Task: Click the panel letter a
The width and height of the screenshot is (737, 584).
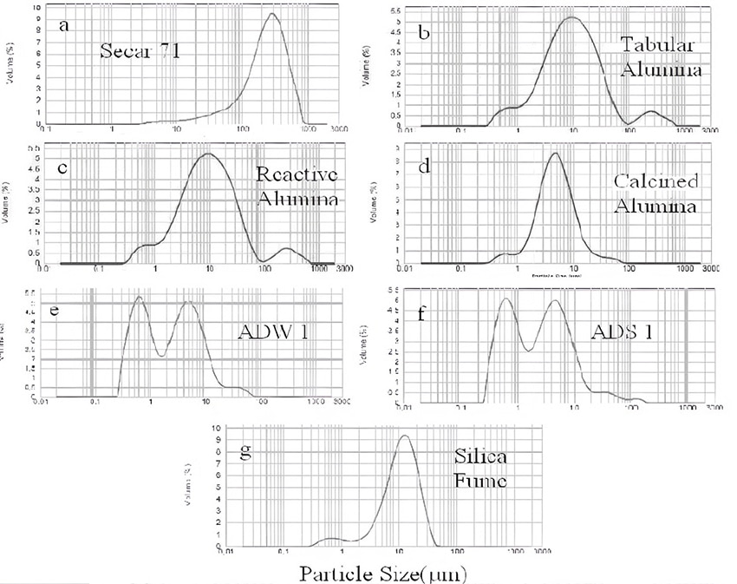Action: tap(64, 25)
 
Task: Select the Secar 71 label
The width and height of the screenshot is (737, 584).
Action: tap(142, 49)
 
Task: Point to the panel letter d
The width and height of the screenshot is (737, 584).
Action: tap(425, 166)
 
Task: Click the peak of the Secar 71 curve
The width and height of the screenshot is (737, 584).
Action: tap(271, 13)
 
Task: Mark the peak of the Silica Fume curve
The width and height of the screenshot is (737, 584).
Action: tap(404, 436)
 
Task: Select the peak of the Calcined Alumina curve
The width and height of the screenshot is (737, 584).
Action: tap(554, 154)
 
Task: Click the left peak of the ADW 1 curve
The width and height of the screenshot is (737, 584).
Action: tap(138, 298)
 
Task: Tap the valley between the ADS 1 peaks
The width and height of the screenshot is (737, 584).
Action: tap(530, 351)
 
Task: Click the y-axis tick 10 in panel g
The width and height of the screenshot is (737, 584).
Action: tap(215, 429)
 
